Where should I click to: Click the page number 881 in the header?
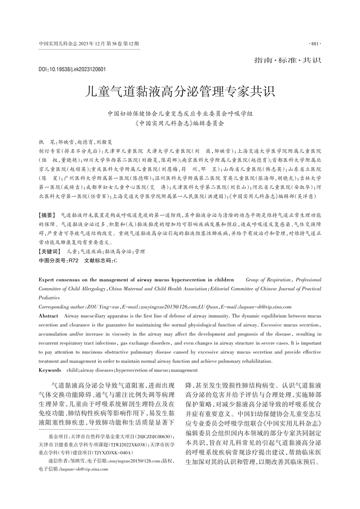(x=315, y=44)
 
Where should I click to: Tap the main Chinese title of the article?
(x=180, y=92)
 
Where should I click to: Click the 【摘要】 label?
(x=47, y=216)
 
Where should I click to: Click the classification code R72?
(x=73, y=260)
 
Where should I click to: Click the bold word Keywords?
(x=50, y=370)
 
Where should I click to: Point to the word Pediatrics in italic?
(x=49, y=298)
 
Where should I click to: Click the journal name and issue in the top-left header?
(x=89, y=44)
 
